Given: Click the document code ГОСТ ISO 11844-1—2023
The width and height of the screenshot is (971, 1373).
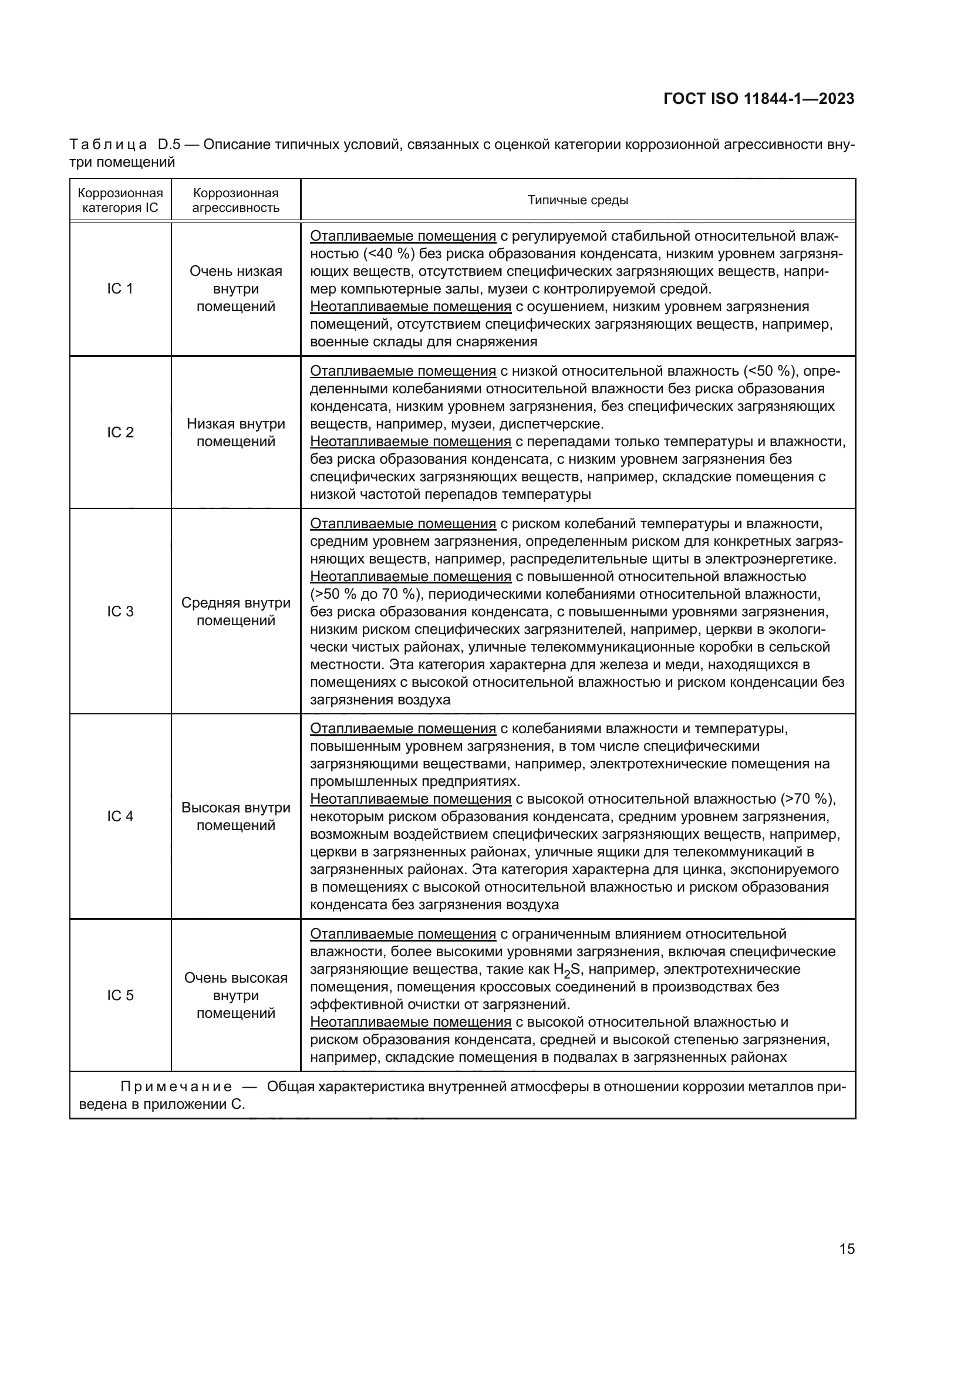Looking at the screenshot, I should [758, 99].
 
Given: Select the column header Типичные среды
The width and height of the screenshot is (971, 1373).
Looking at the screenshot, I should [578, 200].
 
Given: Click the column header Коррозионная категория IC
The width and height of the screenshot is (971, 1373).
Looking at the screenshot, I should [120, 200].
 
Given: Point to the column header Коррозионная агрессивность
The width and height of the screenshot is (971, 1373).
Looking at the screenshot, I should [235, 200].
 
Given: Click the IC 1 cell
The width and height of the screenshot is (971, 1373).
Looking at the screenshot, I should [120, 289].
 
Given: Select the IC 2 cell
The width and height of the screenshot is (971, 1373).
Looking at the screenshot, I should [120, 433].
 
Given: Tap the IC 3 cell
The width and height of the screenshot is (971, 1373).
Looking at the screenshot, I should [120, 611].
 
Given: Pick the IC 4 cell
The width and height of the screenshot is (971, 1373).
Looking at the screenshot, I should [120, 817].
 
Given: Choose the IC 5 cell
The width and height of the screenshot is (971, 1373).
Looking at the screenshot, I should [120, 995].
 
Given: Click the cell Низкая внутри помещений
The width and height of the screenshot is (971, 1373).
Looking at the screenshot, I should [235, 433].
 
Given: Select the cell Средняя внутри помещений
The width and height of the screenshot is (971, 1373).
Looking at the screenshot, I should [235, 611].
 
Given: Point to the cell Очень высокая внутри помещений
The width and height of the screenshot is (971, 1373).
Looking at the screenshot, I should [235, 995].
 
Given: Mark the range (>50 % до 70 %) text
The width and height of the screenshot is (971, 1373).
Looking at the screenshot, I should [365, 595].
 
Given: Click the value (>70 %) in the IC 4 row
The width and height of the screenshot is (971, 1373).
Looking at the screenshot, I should [807, 799].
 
